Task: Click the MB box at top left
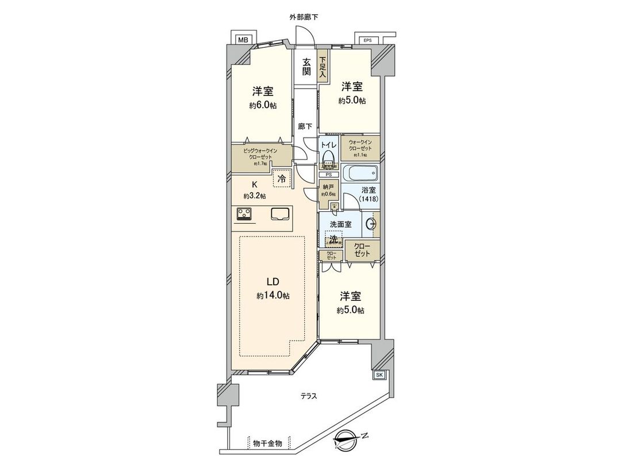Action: [243, 40]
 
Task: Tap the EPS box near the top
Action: [367, 40]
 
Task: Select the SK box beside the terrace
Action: [379, 375]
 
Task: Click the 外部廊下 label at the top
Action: [304, 17]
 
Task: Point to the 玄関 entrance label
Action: [306, 67]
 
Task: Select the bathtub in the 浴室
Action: [359, 173]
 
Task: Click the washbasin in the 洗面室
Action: [370, 225]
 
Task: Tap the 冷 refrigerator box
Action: [281, 179]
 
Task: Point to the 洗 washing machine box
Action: [333, 238]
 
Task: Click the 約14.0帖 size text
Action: [273, 296]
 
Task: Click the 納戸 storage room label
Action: [328, 188]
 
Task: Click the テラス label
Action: [309, 396]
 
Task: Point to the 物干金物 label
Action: [267, 443]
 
